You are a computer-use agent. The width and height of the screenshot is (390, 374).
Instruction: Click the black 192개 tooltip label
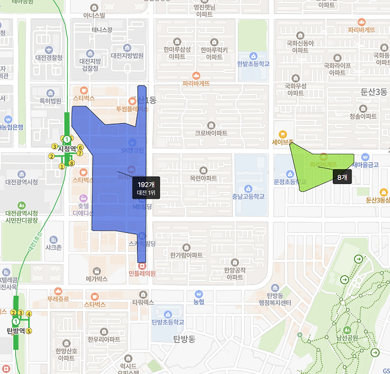(x=146, y=188)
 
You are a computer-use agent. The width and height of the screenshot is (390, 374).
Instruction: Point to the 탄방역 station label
(x=15, y=330)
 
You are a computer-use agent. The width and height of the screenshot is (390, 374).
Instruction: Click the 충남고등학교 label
(x=247, y=196)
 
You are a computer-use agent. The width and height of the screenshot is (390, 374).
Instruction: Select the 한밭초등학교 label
(x=253, y=63)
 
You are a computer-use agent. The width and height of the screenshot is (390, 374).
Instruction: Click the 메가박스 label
(x=96, y=278)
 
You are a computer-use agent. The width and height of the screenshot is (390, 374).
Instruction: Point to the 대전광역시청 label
(x=21, y=182)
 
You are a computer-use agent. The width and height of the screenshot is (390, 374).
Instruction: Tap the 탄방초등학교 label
(x=168, y=322)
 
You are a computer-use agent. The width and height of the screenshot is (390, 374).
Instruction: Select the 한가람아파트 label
(x=186, y=255)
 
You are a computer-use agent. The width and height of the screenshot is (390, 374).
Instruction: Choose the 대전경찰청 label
(x=49, y=58)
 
